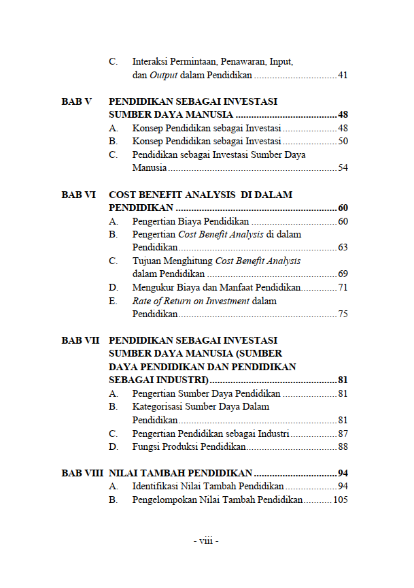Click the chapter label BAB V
pos(76,101)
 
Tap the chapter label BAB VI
pos(78,195)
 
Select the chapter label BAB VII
pos(80,340)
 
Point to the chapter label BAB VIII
pos(82,473)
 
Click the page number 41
pos(343,75)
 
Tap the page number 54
pos(343,167)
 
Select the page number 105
pos(341,500)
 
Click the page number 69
pos(343,274)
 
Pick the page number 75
pos(343,314)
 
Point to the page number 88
pos(343,447)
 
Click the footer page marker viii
pos(206,541)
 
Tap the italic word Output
pos(164,75)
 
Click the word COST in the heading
pos(123,195)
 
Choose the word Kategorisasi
pos(160,407)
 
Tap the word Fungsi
pos(147,447)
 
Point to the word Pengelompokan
pos(163,500)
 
